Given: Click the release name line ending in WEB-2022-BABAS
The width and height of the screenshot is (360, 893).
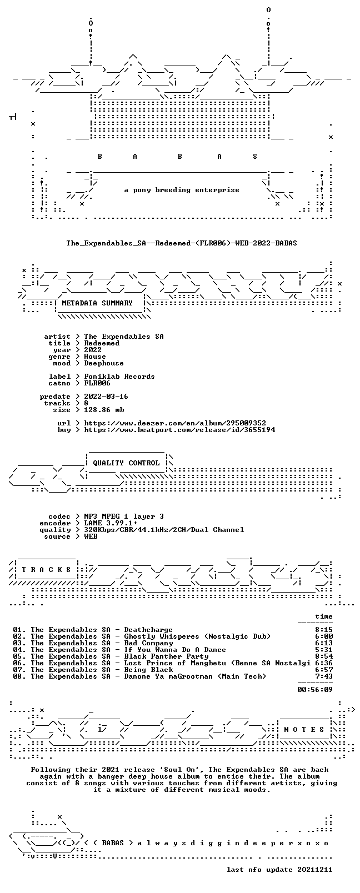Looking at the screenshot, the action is click(x=182, y=243).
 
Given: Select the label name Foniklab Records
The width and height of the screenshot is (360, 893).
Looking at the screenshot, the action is click(x=119, y=377).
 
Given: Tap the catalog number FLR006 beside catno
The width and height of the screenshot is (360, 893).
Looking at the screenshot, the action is click(x=97, y=383).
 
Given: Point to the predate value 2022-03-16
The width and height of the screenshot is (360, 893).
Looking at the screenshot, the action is click(x=106, y=397).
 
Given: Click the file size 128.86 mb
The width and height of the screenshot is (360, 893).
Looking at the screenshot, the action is click(x=104, y=410).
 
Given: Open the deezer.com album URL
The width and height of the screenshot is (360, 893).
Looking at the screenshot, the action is click(x=174, y=423).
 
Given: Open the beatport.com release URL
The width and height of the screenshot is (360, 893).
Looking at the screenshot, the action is click(x=179, y=430).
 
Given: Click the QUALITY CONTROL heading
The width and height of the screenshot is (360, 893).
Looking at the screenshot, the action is click(x=126, y=463).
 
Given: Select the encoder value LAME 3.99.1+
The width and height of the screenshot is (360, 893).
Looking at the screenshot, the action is click(x=111, y=523).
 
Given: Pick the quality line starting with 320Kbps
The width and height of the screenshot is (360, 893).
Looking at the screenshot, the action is click(x=164, y=530).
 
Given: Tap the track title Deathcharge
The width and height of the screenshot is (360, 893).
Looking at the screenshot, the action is click(x=148, y=630).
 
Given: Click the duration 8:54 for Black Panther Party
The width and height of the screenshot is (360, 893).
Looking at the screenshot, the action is click(x=324, y=656).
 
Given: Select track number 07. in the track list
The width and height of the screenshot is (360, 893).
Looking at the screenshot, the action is click(x=19, y=670).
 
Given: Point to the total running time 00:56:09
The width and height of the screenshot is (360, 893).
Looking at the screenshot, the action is click(x=315, y=690).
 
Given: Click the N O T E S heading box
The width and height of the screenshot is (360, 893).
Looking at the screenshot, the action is click(x=304, y=730).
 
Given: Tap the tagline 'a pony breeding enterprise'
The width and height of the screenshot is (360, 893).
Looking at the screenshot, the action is click(x=182, y=190).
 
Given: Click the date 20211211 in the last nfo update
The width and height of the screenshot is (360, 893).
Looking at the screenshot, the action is click(x=315, y=870).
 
